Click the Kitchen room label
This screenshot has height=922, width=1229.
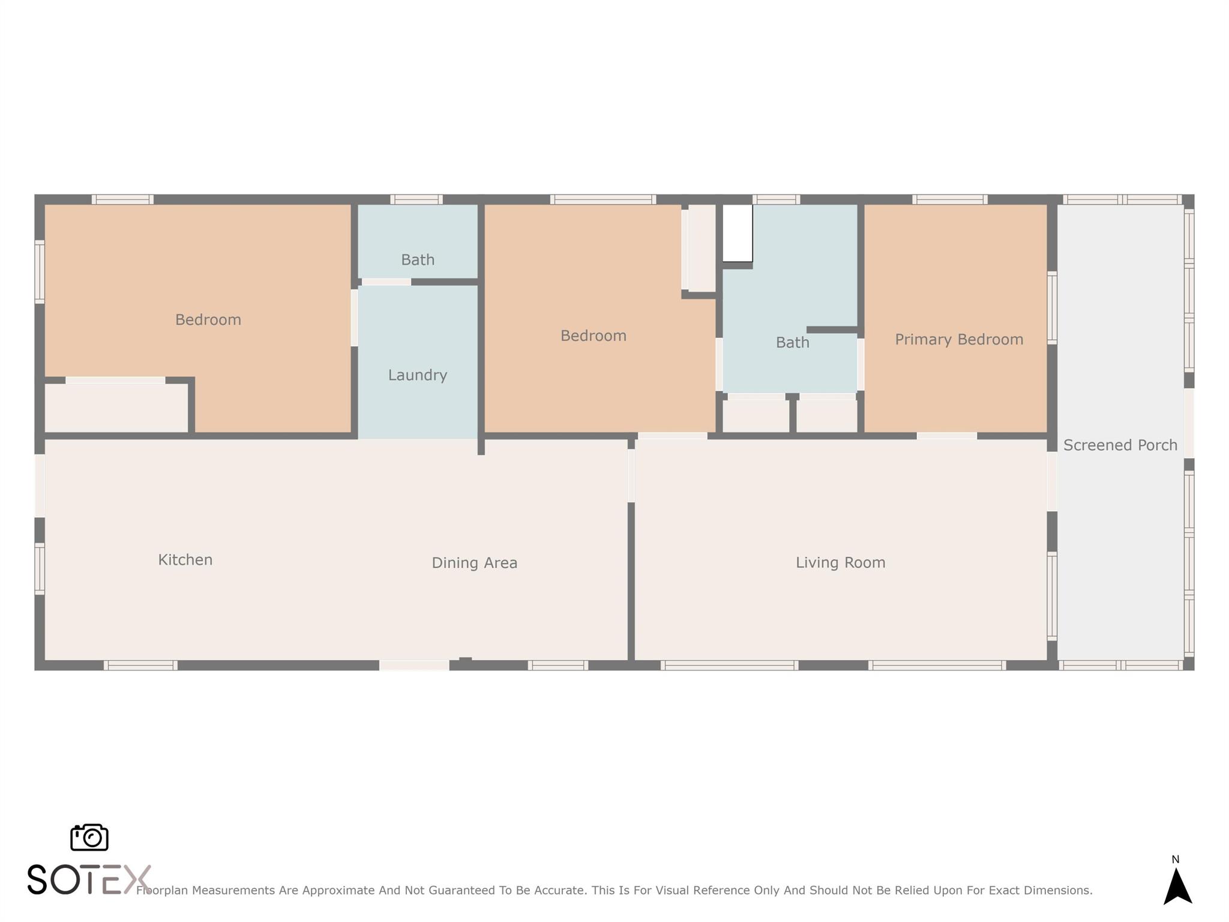coord(185,559)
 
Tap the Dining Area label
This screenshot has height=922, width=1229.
coord(474,563)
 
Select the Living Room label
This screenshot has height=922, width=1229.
coord(840,562)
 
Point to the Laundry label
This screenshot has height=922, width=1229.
coord(418,375)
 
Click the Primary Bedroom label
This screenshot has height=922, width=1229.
coord(959,340)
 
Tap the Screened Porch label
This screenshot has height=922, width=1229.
coord(1120,445)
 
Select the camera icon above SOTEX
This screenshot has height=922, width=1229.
coord(89,837)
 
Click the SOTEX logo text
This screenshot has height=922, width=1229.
coord(88,879)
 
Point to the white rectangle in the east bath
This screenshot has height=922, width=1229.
coord(738,233)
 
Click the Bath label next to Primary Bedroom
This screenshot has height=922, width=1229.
coord(792,343)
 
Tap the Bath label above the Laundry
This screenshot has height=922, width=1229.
coord(418,260)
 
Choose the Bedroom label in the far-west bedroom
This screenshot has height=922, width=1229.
coord(208,320)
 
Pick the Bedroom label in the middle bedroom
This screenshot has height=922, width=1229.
coord(593,336)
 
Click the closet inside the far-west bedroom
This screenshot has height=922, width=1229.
coord(116,408)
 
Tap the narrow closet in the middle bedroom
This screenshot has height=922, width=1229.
coord(702,248)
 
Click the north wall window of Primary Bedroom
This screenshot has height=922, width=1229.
coord(950,199)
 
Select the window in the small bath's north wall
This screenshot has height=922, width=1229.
coord(416,199)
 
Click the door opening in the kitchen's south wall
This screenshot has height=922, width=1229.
coord(414,665)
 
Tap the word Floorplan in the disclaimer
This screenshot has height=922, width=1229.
coord(162,891)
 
